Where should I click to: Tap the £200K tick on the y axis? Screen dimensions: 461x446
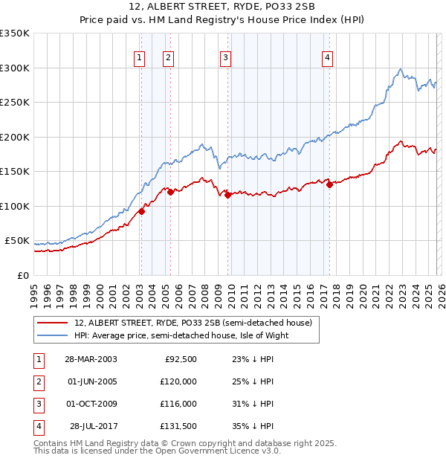click(15, 137)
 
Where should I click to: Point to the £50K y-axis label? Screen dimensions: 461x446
click(17, 241)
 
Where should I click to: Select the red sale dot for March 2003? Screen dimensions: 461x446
click(141, 211)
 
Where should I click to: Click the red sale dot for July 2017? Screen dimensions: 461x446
click(329, 184)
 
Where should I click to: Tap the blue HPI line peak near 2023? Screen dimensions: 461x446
click(401, 69)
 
